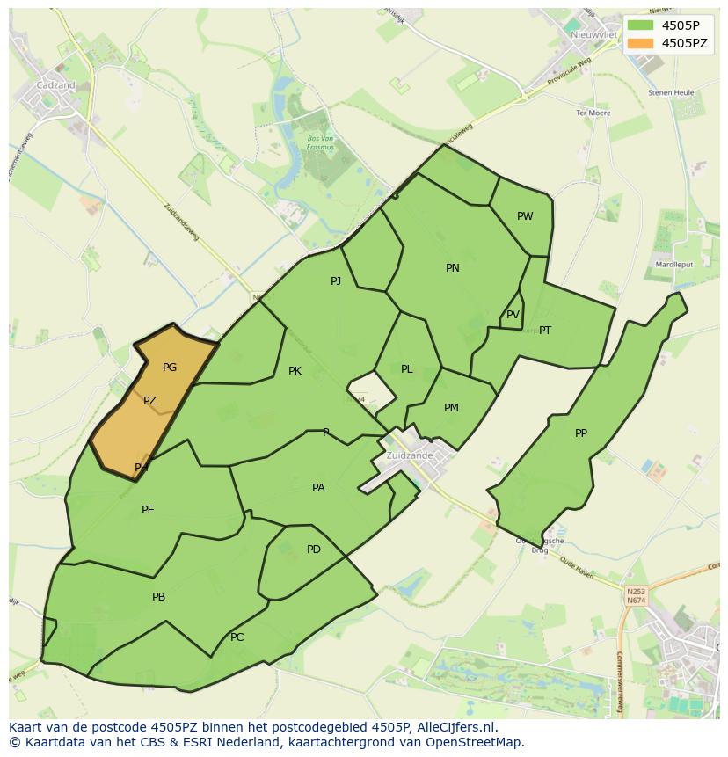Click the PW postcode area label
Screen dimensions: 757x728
[525, 216]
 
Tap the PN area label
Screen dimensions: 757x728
[453, 268]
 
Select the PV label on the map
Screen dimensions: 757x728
[513, 315]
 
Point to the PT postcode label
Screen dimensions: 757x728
[545, 331]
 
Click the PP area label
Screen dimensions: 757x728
[581, 433]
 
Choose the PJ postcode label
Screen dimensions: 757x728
[336, 281]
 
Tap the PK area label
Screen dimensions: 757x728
[295, 371]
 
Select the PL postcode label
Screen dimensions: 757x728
[406, 369]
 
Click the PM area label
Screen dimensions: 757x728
[451, 408]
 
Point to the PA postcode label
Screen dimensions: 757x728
[318, 488]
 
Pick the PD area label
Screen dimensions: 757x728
[314, 550]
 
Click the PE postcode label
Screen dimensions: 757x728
[148, 510]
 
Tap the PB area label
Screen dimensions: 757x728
[158, 597]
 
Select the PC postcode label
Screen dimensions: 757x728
[237, 637]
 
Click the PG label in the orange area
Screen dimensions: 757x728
[170, 368]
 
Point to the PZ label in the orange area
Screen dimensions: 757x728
[149, 401]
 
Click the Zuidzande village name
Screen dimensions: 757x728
[409, 456]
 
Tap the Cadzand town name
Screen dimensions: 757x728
[55, 85]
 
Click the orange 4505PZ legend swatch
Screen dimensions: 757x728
[641, 43]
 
